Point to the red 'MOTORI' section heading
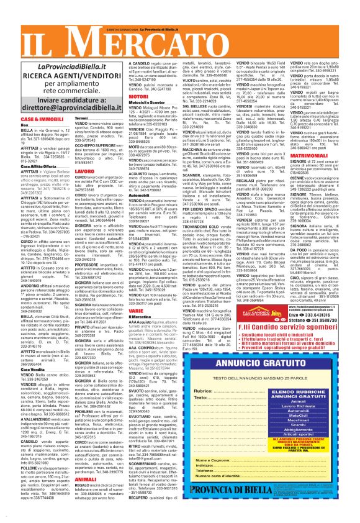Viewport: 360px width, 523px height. (138, 97)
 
